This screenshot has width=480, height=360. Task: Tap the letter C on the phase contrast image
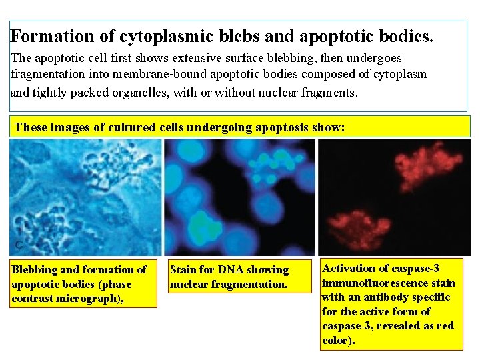pyautogui.click(x=20, y=245)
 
